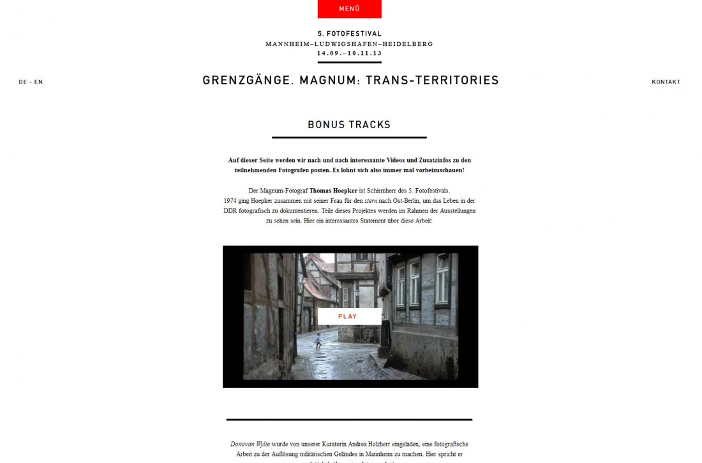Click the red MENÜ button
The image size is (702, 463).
(349, 9)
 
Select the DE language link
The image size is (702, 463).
(23, 82)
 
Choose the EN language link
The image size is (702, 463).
(39, 82)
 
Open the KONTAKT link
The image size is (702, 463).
(666, 82)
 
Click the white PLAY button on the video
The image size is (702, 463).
(348, 316)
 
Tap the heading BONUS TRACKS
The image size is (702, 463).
(349, 125)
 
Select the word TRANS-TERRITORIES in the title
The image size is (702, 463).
(432, 80)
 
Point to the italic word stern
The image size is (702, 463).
(371, 201)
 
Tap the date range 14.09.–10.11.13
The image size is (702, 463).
(349, 54)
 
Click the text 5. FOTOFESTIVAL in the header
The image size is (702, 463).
(349, 34)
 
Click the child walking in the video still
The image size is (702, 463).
(318, 341)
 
